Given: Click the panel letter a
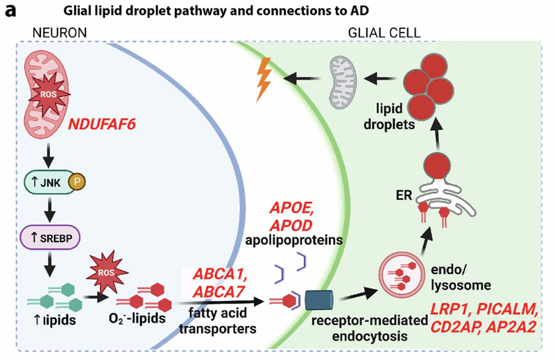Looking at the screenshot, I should click(x=11, y=12).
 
